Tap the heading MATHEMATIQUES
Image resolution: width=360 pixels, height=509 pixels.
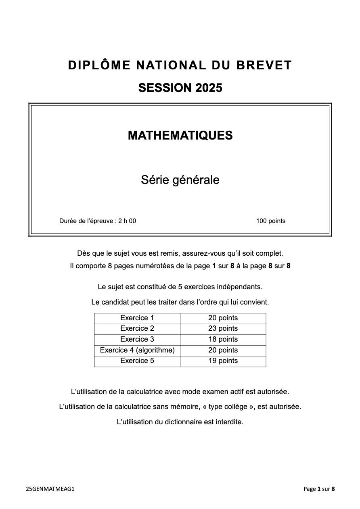click(180, 136)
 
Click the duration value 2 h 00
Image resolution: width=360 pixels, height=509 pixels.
click(127, 221)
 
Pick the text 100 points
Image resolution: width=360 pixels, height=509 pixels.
click(270, 221)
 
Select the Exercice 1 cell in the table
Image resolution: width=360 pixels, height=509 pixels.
click(137, 318)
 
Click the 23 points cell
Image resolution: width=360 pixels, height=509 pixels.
click(223, 329)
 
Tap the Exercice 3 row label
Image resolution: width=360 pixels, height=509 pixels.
click(137, 340)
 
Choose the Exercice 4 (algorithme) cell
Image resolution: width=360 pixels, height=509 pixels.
click(137, 350)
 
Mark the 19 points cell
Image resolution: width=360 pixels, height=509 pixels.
click(223, 361)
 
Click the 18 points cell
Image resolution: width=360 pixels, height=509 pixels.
click(223, 340)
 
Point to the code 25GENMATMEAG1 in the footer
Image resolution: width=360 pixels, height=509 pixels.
click(50, 489)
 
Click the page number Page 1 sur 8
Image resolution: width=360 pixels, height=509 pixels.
click(319, 489)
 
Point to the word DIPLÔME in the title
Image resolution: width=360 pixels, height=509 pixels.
click(99, 65)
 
